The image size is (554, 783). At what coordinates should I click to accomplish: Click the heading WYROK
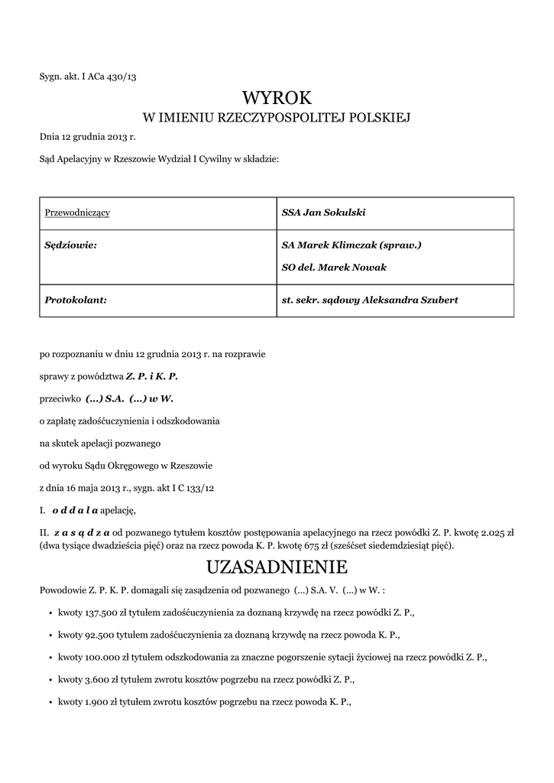pyautogui.click(x=277, y=97)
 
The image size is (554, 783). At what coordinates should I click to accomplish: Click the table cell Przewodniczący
pyautogui.click(x=77, y=212)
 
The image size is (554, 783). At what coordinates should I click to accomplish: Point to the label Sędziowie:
pyautogui.click(x=71, y=245)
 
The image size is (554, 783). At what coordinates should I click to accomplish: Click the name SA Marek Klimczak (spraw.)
pyautogui.click(x=352, y=245)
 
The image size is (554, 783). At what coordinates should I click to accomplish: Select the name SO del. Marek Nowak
pyautogui.click(x=334, y=267)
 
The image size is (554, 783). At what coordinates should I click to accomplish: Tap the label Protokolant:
pyautogui.click(x=75, y=300)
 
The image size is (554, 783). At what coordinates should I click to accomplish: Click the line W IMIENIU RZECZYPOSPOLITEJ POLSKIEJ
pyautogui.click(x=277, y=118)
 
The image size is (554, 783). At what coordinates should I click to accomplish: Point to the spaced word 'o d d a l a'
pyautogui.click(x=75, y=510)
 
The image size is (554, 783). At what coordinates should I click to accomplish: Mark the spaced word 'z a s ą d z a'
pyautogui.click(x=82, y=531)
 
